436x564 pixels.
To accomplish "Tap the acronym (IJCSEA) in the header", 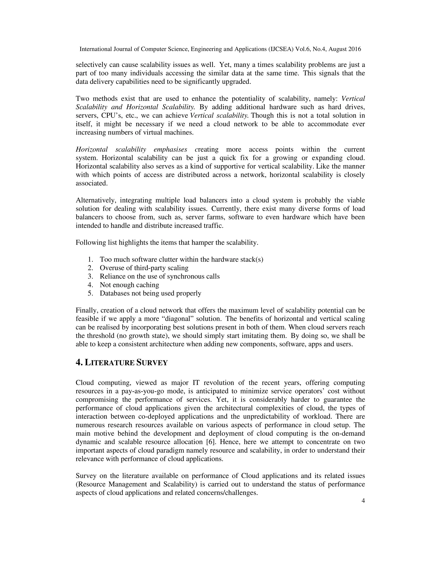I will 281,49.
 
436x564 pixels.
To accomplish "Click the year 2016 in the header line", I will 355,49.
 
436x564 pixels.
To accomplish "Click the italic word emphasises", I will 170,150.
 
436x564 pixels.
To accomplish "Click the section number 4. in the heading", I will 79,363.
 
